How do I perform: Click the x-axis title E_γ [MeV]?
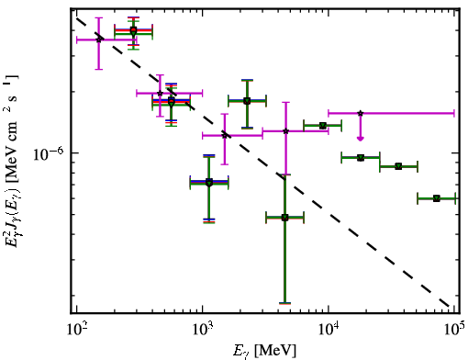264,351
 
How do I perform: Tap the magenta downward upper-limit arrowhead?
361,139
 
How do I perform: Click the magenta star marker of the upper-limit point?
361,113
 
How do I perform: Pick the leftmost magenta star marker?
98,39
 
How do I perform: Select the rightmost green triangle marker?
437,198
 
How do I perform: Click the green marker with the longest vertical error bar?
284,218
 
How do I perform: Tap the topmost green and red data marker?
133,31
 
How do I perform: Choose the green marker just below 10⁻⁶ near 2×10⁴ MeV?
361,158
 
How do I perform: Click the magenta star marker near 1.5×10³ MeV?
225,135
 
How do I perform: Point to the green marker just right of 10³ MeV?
209,183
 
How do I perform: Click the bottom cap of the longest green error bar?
284,303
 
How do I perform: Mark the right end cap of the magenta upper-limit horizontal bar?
454,113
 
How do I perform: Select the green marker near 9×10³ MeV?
323,126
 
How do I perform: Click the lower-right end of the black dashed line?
449,306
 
